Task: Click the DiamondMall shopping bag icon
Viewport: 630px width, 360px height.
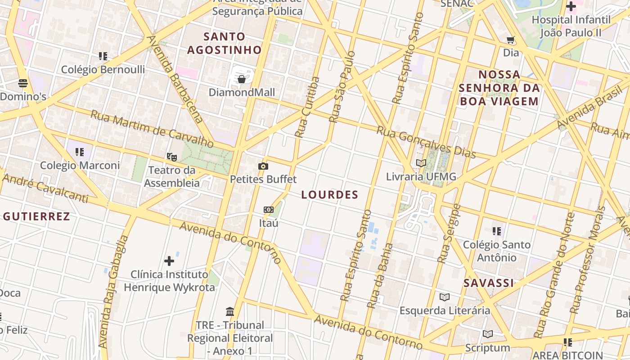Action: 242,80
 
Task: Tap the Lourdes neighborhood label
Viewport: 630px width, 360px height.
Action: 329,195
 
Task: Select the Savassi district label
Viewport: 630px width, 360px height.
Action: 489,283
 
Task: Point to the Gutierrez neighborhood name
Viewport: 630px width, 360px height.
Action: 36,216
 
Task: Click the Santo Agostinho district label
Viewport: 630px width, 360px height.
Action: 224,43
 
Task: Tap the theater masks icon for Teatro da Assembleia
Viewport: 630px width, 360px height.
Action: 171,157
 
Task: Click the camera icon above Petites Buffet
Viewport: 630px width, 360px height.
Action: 263,166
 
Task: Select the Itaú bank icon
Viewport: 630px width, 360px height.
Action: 268,210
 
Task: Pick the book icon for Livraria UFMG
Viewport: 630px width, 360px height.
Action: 421,163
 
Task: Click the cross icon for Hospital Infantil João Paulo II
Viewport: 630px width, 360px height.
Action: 571,7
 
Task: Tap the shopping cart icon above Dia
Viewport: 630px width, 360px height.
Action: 511,40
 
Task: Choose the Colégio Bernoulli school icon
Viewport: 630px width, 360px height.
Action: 103,56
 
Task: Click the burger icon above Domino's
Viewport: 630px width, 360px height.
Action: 23,83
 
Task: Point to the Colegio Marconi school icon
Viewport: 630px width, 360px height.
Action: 80,152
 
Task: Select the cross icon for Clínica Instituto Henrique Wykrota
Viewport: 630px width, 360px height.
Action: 169,261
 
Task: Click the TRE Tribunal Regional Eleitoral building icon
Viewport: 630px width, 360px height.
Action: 230,311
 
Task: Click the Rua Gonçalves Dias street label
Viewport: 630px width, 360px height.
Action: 426,142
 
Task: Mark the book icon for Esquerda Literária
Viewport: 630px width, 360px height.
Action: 445,297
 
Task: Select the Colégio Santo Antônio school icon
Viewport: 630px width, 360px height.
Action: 497,231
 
